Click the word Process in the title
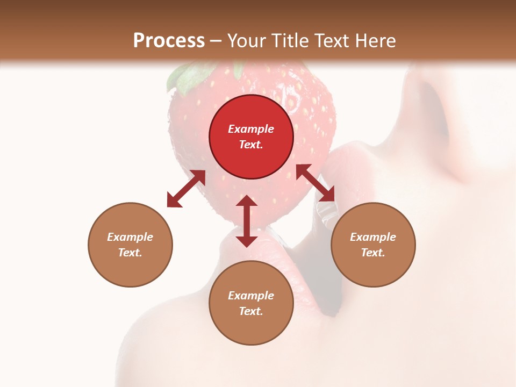(x=169, y=41)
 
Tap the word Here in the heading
(x=375, y=41)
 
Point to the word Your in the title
(x=245, y=41)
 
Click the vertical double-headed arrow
(x=247, y=221)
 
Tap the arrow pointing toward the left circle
(x=186, y=189)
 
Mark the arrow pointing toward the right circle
(x=316, y=183)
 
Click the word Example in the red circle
(x=251, y=129)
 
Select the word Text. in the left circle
(x=130, y=253)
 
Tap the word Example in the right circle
(x=373, y=237)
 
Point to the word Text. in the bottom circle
(x=251, y=311)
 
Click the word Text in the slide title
(x=333, y=41)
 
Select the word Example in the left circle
(x=130, y=237)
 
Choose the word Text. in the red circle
(x=251, y=145)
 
